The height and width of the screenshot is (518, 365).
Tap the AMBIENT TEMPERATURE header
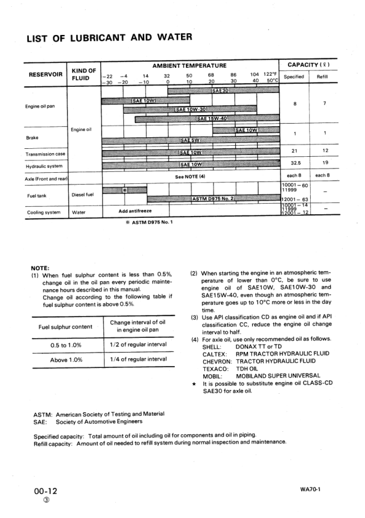click(x=189, y=65)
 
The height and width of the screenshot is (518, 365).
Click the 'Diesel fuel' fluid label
click(x=82, y=195)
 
